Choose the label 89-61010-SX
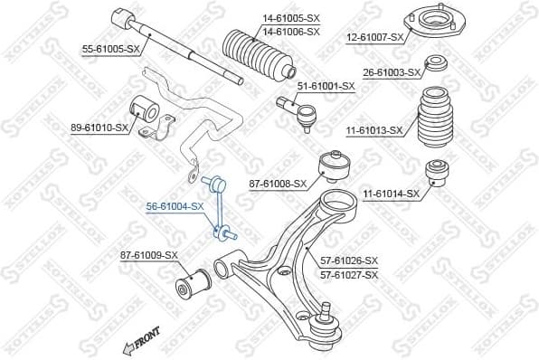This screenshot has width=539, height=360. (x=99, y=128)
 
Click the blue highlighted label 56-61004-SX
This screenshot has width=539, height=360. (x=175, y=206)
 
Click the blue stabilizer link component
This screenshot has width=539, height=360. (x=219, y=208)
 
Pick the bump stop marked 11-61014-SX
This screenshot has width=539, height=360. (x=437, y=172)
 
